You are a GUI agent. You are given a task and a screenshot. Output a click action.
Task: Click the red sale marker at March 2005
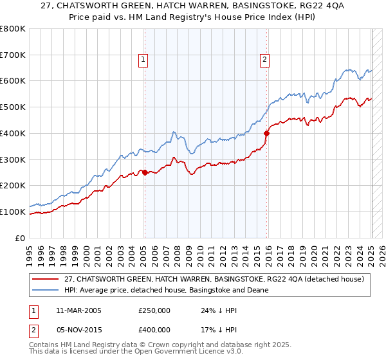pos(145,172)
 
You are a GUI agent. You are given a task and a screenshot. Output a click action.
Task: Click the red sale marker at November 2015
pos(266,133)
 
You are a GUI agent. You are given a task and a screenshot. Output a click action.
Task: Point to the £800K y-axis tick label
pos(13,29)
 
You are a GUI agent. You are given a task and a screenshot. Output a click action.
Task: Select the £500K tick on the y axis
pos(13,107)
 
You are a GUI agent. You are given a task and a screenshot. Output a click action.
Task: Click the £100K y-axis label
pos(13,212)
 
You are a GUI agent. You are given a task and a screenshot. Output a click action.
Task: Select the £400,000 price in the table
pos(154,330)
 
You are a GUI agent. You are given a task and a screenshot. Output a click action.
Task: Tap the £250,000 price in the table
pos(154,310)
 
